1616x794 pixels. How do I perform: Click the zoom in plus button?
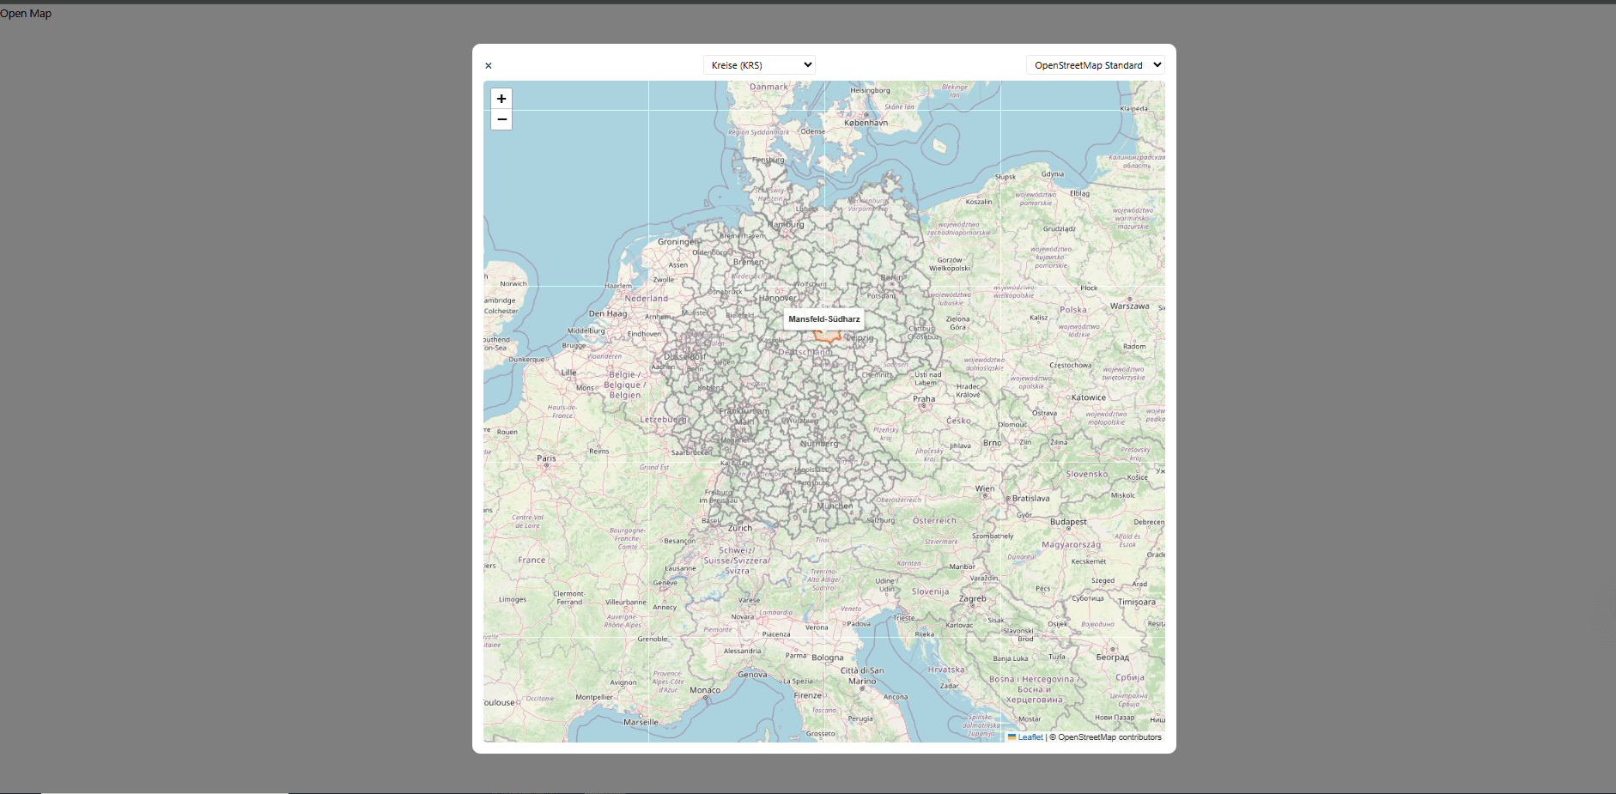point(501,99)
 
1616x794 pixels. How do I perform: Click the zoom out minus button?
point(501,119)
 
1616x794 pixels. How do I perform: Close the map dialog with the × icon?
point(489,66)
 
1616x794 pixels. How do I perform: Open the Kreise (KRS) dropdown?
point(758,65)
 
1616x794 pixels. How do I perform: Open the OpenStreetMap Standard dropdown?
point(1095,65)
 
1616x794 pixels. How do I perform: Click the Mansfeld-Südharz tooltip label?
point(823,319)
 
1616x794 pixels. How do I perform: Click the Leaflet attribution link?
point(1030,737)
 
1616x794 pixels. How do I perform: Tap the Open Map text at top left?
point(26,14)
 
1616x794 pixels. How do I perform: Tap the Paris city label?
point(546,458)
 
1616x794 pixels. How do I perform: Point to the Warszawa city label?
point(1129,306)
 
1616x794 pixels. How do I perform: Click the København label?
point(866,123)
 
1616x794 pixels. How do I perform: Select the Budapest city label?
point(1068,522)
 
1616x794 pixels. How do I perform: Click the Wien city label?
point(985,489)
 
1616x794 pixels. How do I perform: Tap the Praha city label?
point(924,399)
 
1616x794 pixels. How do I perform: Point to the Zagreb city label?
point(972,599)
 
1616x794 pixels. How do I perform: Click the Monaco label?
point(705,690)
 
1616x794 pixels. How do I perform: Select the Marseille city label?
point(641,723)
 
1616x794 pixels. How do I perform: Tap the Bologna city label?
point(828,658)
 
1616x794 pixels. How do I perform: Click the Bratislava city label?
point(1030,499)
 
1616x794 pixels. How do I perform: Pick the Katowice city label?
point(1088,398)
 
